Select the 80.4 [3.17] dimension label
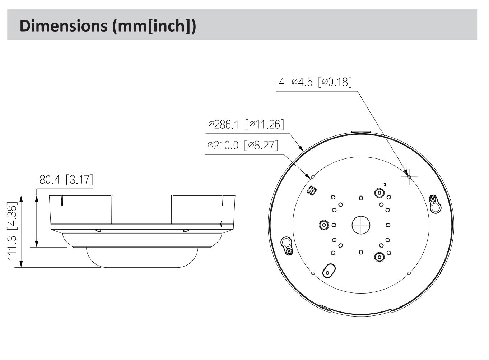[x=66, y=179]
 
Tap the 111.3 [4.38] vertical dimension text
[x=12, y=231]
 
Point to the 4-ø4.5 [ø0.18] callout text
[x=315, y=82]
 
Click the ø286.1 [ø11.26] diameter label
[x=246, y=124]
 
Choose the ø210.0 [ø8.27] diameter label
[x=243, y=145]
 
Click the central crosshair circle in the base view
[x=361, y=225]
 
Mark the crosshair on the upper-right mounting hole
[x=409, y=177]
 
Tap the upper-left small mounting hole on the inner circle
[x=313, y=177]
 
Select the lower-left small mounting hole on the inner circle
[x=313, y=273]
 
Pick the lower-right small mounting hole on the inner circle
[x=409, y=273]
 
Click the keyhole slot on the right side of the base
[x=435, y=204]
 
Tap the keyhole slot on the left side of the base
[x=287, y=246]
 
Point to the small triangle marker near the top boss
[x=384, y=185]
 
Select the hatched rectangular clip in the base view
[x=312, y=191]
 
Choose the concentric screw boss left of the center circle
[x=324, y=225]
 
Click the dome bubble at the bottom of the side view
[x=142, y=258]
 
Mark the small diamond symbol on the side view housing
[x=222, y=224]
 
